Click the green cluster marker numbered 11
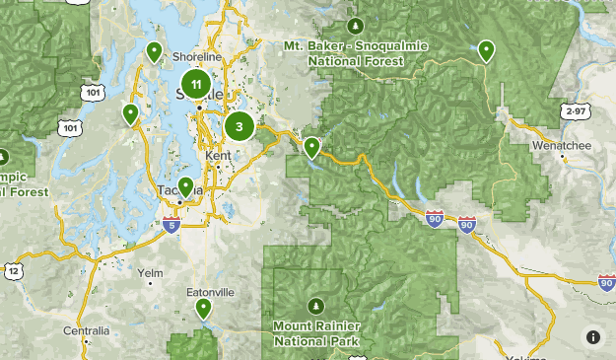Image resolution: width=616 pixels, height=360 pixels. coord(196,86)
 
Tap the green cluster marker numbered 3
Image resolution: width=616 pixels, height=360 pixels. coord(239,126)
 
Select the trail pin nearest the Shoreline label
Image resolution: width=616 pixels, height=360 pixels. coord(154,51)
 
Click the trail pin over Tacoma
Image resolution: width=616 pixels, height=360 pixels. coord(185,187)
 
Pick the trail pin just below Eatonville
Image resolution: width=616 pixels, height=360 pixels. coord(204,309)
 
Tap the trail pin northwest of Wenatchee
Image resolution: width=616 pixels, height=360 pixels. coord(486,50)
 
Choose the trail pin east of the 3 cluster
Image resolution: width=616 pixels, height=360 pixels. coord(311,148)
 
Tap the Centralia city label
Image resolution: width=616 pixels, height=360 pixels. coord(86,330)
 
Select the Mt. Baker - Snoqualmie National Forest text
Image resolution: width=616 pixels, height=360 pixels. coord(355,53)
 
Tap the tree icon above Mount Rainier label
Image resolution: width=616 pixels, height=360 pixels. coord(316,303)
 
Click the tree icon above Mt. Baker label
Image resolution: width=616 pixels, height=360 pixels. coord(356,25)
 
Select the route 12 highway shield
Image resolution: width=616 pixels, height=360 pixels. coord(14,270)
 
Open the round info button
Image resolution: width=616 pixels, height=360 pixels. coord(593,336)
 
